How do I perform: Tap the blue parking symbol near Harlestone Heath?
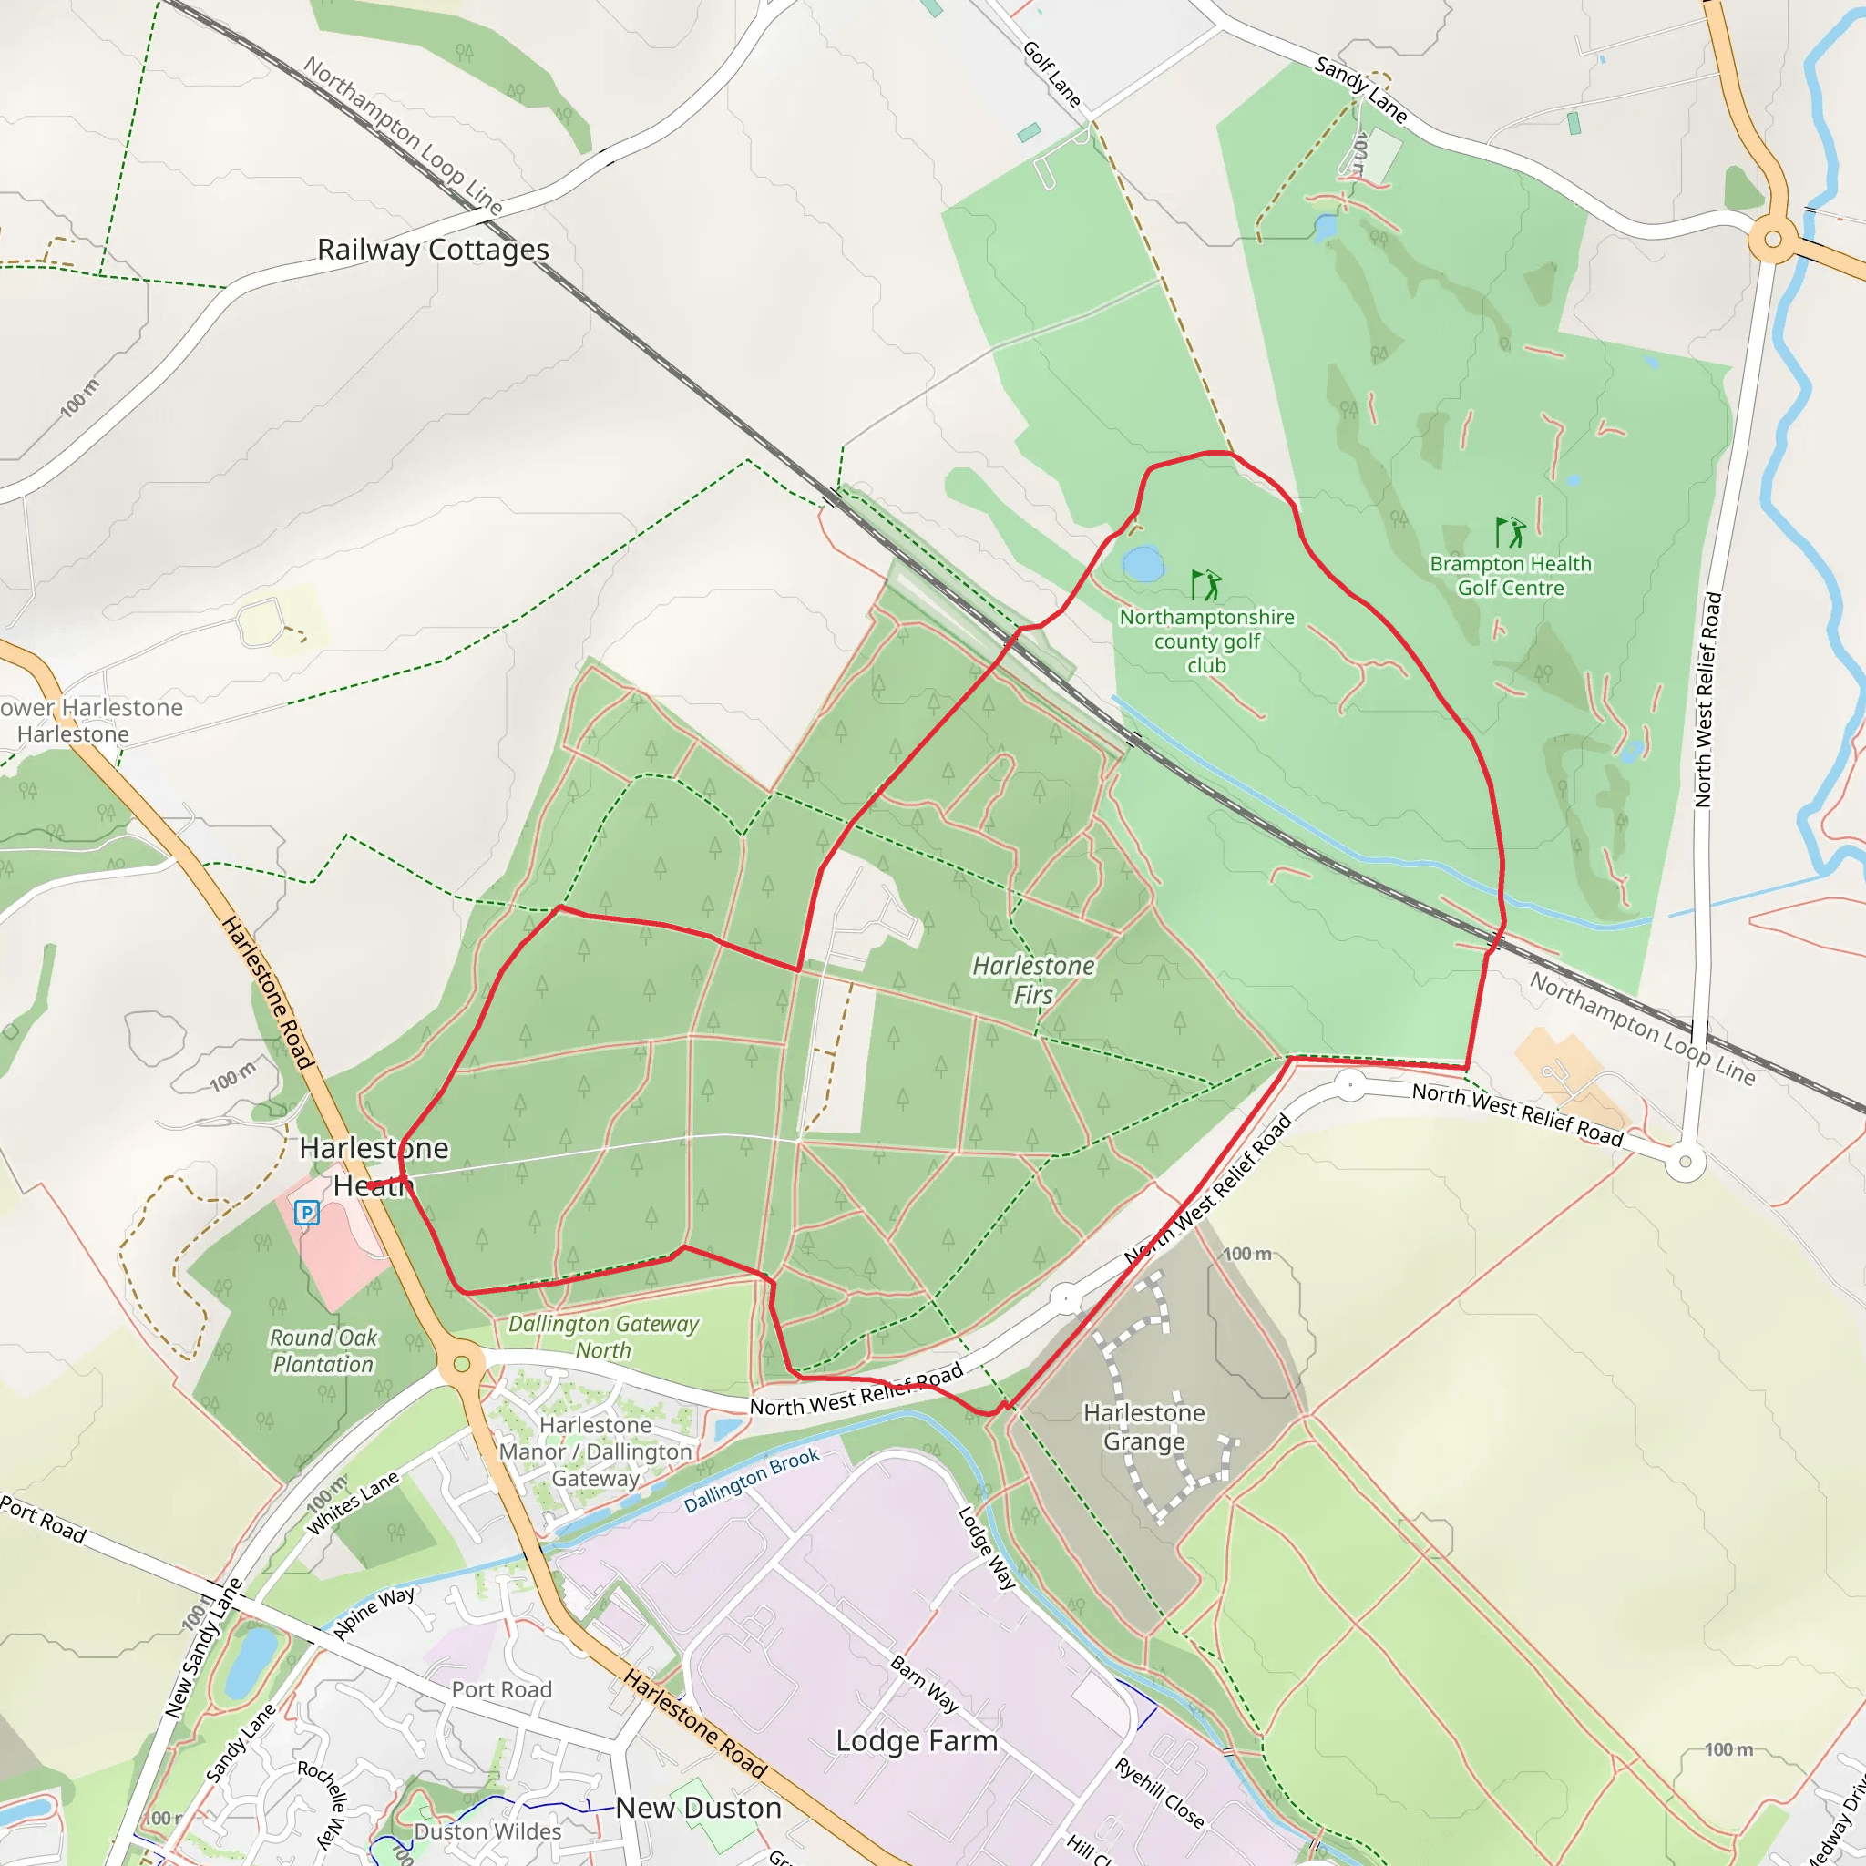[306, 1212]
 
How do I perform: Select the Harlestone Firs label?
[1033, 979]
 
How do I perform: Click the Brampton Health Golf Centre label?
[1511, 576]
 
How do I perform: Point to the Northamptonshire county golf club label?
[1206, 641]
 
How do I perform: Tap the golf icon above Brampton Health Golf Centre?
[1510, 532]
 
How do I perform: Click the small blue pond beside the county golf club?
[1143, 563]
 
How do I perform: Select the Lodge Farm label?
[916, 1740]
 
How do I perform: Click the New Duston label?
[698, 1808]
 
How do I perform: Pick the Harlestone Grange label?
[1143, 1427]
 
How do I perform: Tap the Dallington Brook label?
[752, 1481]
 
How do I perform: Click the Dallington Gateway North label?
[604, 1337]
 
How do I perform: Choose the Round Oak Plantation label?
[323, 1351]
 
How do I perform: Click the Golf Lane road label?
[1051, 74]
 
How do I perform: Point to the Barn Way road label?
[924, 1685]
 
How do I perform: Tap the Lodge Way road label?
[987, 1547]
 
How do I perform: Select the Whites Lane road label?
[353, 1502]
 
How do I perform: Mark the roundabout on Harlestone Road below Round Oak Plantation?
[462, 1364]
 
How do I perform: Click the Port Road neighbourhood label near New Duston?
[501, 1689]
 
